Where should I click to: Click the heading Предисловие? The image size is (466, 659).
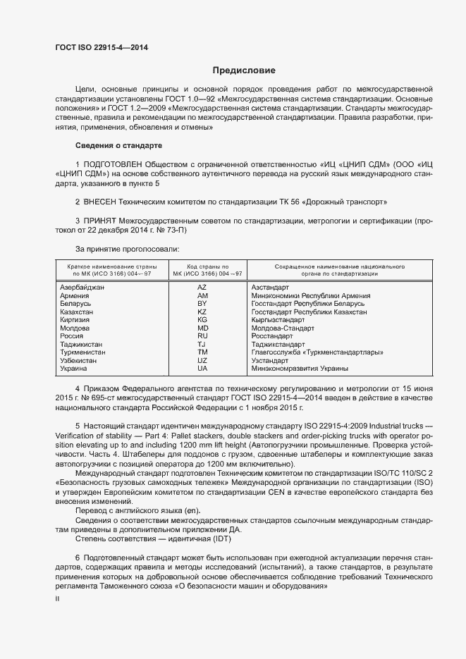(x=244, y=70)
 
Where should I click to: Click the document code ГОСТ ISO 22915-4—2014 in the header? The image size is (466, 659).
(x=102, y=48)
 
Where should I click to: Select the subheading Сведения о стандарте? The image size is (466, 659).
(x=119, y=145)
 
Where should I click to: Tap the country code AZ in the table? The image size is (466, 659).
(x=202, y=288)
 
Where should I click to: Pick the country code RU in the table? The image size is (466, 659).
(x=202, y=336)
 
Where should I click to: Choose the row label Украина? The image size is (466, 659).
(x=74, y=369)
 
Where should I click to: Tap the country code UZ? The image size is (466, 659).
(x=202, y=360)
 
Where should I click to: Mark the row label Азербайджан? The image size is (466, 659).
(x=82, y=288)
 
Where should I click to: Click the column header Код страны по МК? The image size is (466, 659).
(x=202, y=271)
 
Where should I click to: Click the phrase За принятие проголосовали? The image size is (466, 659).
(x=127, y=249)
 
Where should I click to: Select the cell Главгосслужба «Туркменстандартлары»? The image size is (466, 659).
(x=317, y=352)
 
